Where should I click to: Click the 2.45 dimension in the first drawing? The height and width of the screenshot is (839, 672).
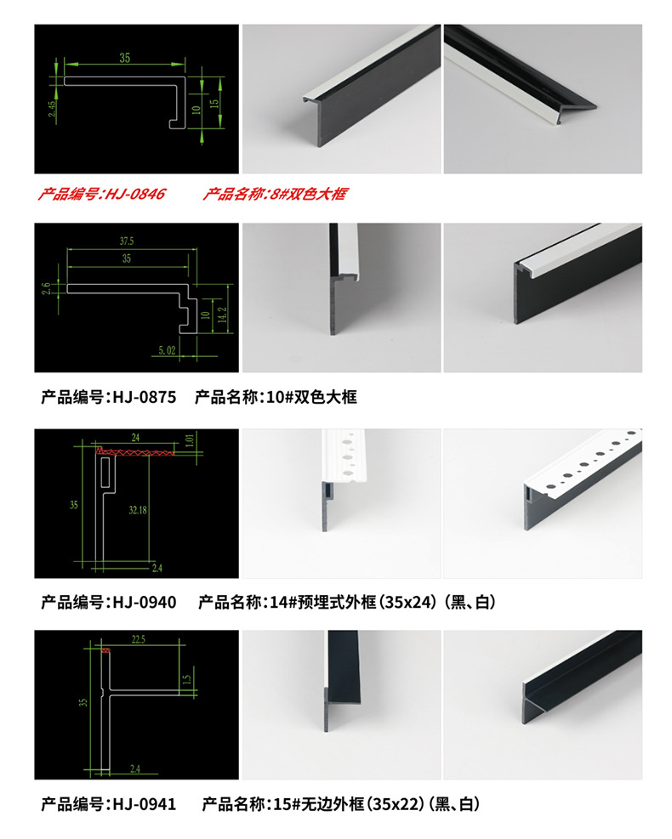[x=51, y=110]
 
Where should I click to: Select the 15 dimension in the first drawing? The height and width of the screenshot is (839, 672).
[x=214, y=102]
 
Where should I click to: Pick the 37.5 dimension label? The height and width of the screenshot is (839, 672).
[x=126, y=241]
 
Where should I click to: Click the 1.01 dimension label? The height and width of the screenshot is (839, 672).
[x=189, y=441]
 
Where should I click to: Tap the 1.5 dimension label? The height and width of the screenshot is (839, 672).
[x=187, y=679]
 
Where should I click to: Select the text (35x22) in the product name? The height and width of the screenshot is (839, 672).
[x=394, y=803]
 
